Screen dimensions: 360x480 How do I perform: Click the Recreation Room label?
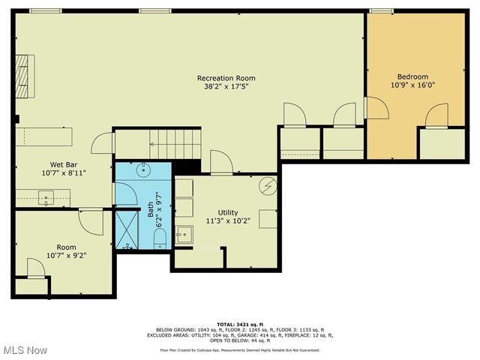(x=226, y=78)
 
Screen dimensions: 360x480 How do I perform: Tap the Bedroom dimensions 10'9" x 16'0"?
(x=412, y=85)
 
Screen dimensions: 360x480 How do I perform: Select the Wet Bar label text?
(x=61, y=164)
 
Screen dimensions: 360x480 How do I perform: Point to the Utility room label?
(x=227, y=212)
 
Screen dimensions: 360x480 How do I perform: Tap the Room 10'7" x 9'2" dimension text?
(x=66, y=254)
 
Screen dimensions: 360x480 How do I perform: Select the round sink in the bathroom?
(x=142, y=169)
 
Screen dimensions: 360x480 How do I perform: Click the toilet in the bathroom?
(x=160, y=238)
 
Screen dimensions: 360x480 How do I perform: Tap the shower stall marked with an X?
(x=127, y=229)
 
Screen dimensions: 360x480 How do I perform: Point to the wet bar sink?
(x=47, y=199)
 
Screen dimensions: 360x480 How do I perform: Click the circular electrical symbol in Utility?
(x=267, y=184)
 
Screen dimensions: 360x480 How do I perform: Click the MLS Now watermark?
(x=25, y=350)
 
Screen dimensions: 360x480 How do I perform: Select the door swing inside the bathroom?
(x=126, y=194)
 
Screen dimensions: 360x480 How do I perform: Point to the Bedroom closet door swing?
(x=436, y=116)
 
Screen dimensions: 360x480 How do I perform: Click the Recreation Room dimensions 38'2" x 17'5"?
(x=226, y=86)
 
